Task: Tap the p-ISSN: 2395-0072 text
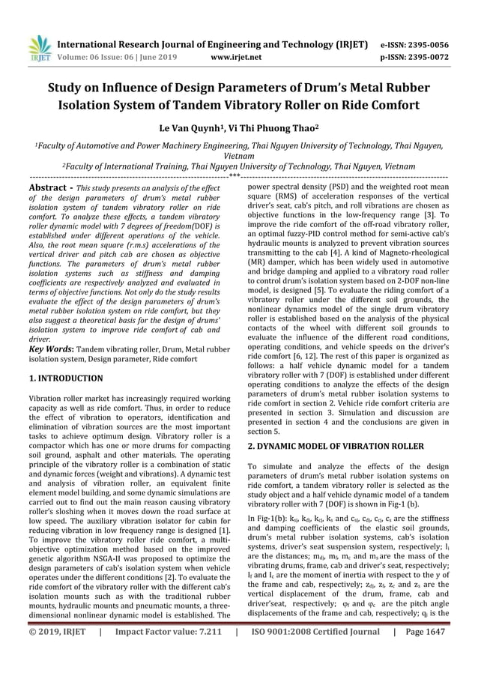click(417, 55)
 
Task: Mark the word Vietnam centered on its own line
click(239, 158)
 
